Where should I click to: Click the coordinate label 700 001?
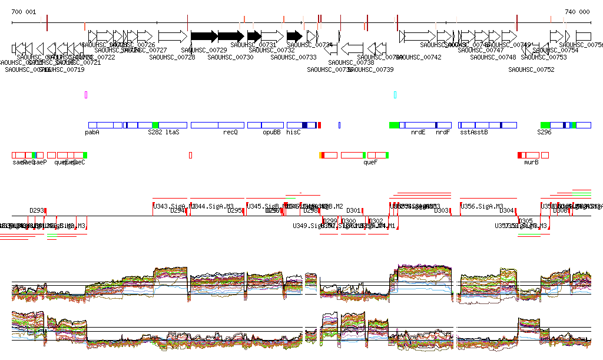point(24,12)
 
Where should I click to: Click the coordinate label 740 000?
point(577,12)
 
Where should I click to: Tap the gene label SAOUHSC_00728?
point(172,57)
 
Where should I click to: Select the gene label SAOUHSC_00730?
point(230,57)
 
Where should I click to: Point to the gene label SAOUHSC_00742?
point(419,57)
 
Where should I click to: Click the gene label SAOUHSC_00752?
point(531,70)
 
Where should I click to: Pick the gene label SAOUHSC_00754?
point(555,51)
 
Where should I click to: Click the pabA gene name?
point(92,133)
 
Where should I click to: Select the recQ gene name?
point(230,133)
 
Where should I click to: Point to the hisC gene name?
point(293,133)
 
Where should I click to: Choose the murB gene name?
point(531,162)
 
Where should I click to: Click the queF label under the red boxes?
point(370,162)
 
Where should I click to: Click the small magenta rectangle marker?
point(86,94)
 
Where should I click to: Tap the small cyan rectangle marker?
point(395,94)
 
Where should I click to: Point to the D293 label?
point(37,210)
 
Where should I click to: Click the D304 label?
point(506,210)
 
